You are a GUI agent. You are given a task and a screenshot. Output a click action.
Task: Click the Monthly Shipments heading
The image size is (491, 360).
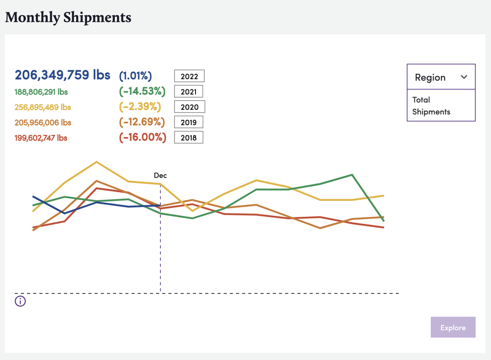click(68, 18)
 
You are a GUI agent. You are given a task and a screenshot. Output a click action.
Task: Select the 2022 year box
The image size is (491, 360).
click(189, 76)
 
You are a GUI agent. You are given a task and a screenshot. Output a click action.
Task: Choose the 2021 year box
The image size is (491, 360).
click(189, 92)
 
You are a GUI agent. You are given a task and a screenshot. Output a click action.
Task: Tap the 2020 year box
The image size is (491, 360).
click(189, 107)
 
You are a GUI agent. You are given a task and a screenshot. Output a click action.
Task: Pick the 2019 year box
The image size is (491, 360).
click(189, 122)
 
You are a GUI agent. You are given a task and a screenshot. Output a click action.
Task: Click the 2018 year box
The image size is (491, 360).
click(189, 138)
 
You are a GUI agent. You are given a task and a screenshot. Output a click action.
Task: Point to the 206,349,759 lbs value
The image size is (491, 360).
click(62, 75)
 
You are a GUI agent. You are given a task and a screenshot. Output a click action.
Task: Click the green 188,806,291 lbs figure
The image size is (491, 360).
click(41, 92)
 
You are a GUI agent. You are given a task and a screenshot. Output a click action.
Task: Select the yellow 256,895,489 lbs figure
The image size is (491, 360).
click(43, 107)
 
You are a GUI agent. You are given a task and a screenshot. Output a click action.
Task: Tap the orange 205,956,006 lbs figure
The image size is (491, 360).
click(43, 123)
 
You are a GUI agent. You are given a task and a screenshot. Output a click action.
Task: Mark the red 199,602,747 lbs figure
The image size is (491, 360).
click(41, 138)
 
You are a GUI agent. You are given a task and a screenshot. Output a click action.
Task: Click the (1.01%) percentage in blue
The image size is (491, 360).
click(135, 76)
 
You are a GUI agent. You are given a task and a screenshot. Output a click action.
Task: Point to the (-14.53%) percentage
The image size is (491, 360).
click(142, 91)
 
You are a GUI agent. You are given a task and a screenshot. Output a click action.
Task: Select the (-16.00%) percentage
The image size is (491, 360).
click(142, 138)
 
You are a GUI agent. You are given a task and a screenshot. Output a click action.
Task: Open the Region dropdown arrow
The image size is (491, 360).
click(464, 77)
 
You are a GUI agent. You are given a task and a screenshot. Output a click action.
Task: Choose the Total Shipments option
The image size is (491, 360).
click(431, 106)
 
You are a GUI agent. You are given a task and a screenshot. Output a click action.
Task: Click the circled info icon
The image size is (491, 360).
click(20, 301)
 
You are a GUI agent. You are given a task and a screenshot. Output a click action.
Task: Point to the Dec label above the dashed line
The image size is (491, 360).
click(160, 175)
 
